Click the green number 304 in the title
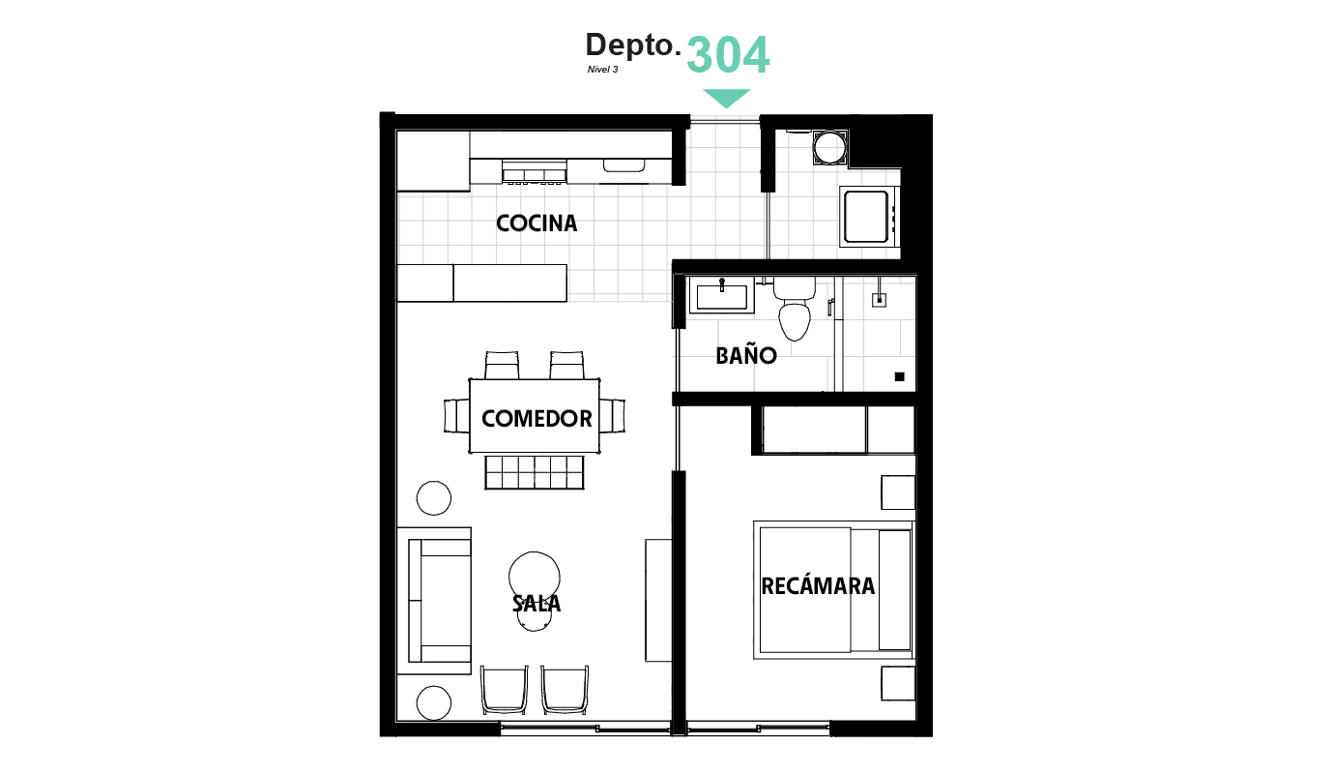tap(728, 55)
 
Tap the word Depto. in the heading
tap(633, 45)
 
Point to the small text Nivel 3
tap(602, 69)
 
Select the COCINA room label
tap(536, 223)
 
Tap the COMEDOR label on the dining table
tap(536, 418)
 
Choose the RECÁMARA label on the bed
tap(818, 585)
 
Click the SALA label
tap(536, 604)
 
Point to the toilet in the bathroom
tap(795, 309)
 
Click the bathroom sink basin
tap(722, 296)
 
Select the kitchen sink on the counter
tap(623, 165)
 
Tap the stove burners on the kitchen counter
tap(535, 171)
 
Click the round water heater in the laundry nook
tap(829, 147)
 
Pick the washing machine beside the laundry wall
tap(868, 217)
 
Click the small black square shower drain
tap(899, 376)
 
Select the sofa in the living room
tap(440, 601)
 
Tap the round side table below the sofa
tap(433, 703)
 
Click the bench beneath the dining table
tap(535, 472)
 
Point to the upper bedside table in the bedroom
tap(898, 492)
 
